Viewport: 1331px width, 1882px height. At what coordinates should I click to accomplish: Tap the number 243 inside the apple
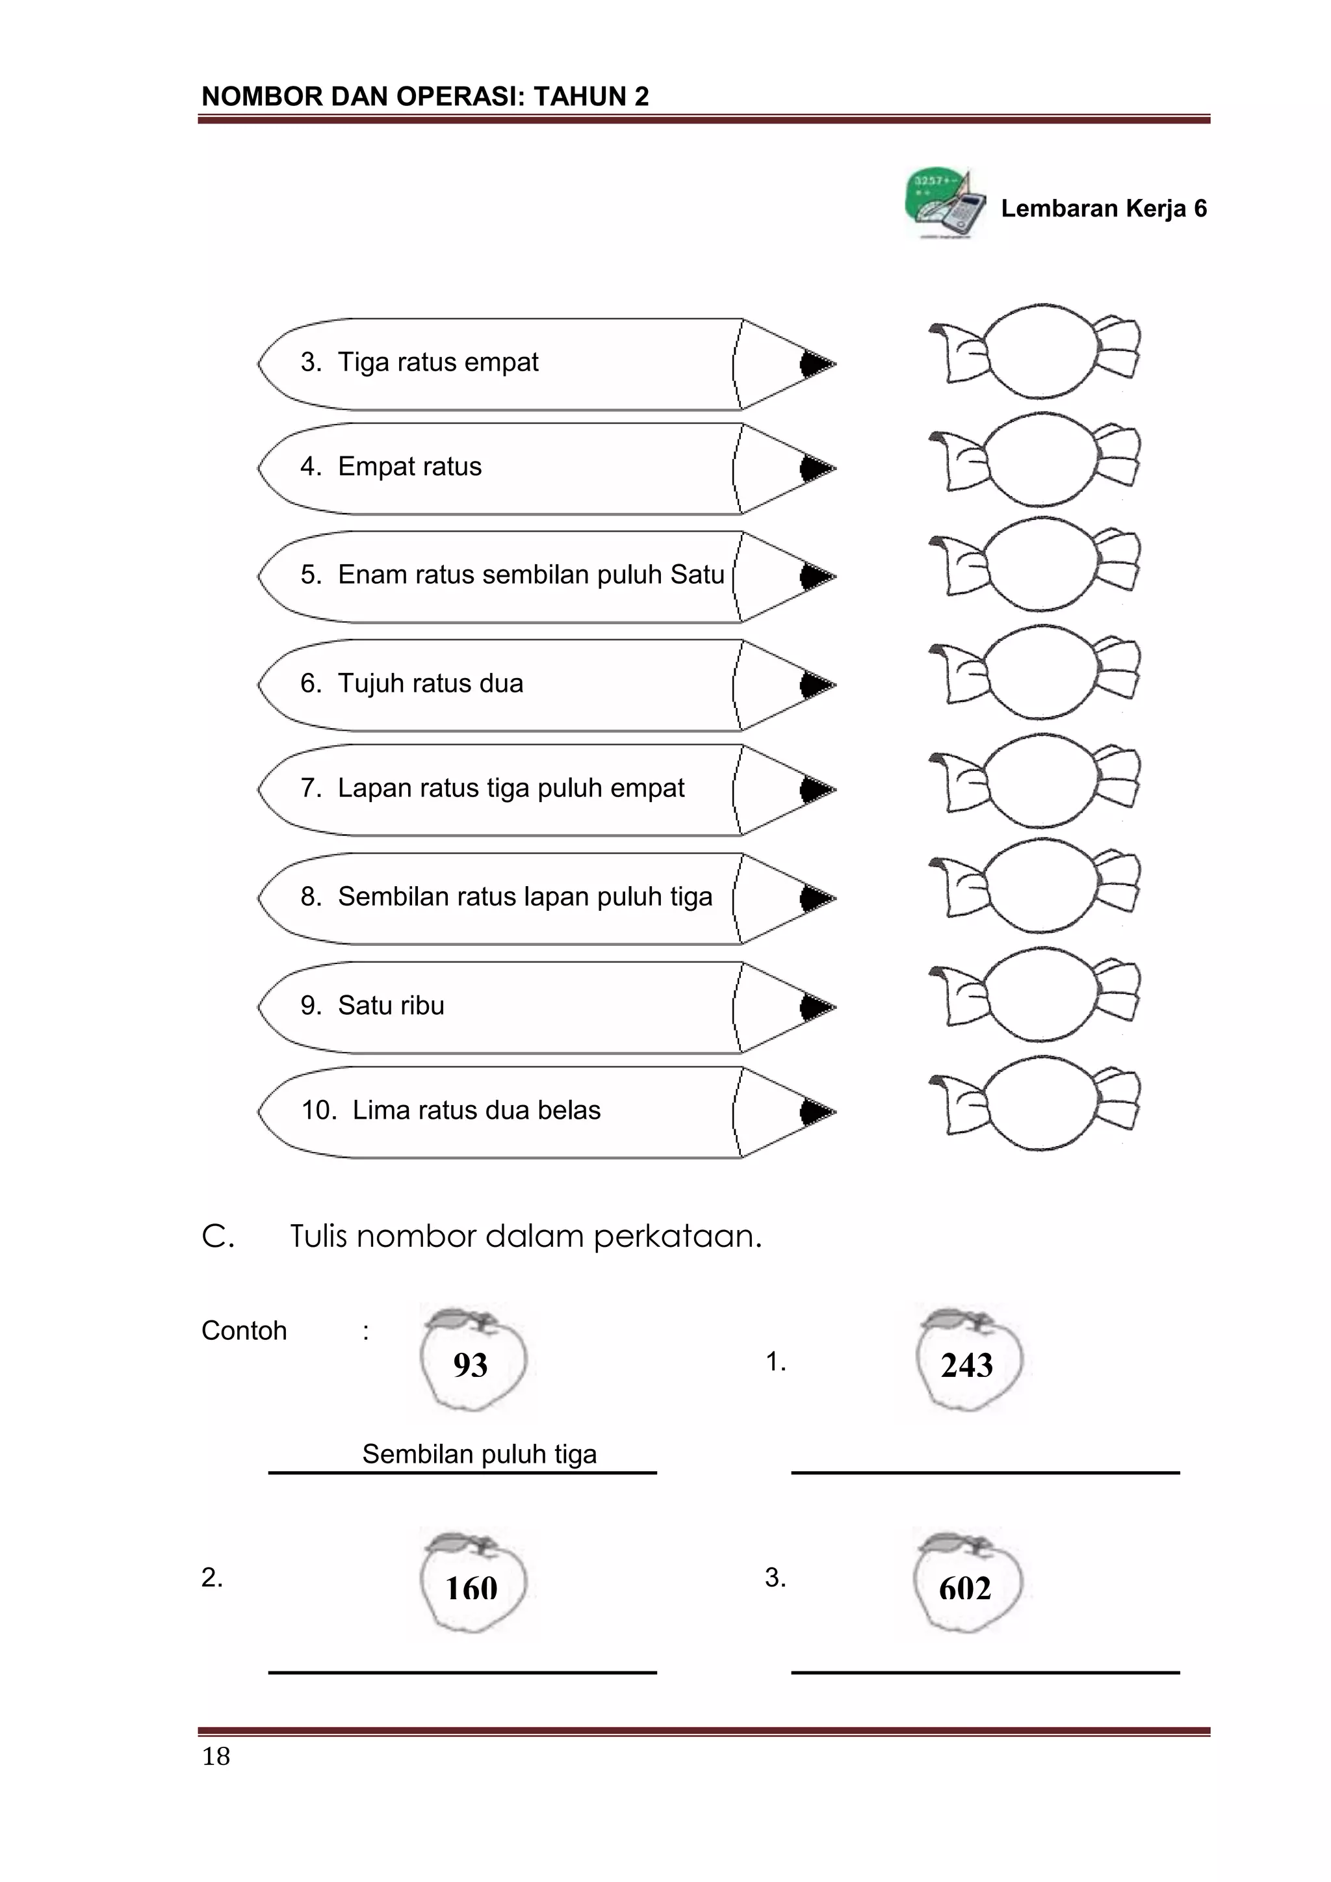point(967,1366)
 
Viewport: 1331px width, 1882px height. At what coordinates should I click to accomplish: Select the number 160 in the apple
point(471,1589)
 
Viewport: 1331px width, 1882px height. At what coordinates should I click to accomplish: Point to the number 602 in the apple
point(966,1589)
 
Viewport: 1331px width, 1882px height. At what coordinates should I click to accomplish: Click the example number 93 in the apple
point(471,1366)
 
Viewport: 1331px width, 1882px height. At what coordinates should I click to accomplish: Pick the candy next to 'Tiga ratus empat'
point(1034,351)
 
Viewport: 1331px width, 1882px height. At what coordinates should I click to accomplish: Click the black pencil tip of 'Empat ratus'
point(816,468)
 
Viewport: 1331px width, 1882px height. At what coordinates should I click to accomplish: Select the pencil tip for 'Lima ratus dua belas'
point(816,1112)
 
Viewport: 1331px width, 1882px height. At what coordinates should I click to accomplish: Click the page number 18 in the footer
point(216,1756)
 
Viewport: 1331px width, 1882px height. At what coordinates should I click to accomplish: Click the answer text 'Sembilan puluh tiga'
point(480,1454)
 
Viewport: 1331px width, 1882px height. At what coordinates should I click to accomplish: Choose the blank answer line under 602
point(985,1672)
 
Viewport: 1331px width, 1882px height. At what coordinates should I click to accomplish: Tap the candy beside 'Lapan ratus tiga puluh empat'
point(1034,780)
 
